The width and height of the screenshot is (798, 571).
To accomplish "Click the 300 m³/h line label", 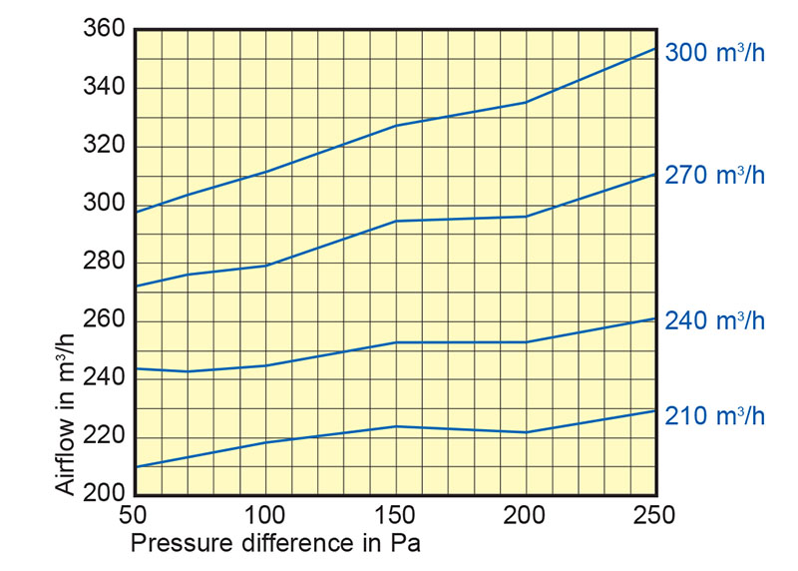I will [x=715, y=53].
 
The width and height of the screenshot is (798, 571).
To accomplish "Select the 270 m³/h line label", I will [x=715, y=175].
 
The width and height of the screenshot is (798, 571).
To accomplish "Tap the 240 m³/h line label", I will [x=715, y=320].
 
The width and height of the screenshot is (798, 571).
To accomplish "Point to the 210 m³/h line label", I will [x=715, y=414].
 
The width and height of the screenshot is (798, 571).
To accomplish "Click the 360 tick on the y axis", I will [x=105, y=30].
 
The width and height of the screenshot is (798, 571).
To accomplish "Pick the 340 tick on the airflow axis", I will [x=105, y=88].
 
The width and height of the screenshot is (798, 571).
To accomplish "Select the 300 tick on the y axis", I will [x=105, y=205].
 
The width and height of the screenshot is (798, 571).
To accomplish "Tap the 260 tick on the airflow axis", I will [x=105, y=320].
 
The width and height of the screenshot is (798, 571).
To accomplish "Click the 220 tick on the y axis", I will [x=105, y=437].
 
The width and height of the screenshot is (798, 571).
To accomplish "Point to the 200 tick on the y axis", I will [x=105, y=494].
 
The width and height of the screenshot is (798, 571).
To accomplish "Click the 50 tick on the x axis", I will [x=134, y=517].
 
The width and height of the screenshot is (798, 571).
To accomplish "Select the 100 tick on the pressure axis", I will [x=265, y=517].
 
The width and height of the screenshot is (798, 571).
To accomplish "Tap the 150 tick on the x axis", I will [x=396, y=517].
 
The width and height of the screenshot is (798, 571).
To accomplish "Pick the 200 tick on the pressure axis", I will [x=526, y=517].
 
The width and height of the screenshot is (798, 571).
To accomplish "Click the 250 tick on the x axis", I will [x=655, y=517].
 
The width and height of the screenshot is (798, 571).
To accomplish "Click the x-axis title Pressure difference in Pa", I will [x=276, y=545].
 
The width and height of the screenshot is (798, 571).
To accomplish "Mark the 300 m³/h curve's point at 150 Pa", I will [x=396, y=126].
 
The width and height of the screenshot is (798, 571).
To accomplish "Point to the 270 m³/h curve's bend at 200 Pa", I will [x=526, y=217].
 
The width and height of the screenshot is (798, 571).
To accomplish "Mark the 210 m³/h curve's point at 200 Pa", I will [x=526, y=432].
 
